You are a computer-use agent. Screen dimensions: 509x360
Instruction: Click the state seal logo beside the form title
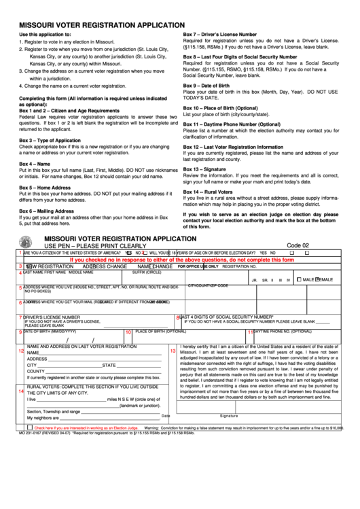(27, 243)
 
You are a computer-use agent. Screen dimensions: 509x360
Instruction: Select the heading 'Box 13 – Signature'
(205, 169)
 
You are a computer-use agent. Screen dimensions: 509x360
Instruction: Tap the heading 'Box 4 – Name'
(35, 164)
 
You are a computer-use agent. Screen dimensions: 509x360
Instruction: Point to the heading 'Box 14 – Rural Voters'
(208, 192)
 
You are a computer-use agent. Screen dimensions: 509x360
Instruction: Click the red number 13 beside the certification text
(173, 351)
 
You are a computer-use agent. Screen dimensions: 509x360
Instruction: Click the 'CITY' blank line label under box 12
(31, 365)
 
